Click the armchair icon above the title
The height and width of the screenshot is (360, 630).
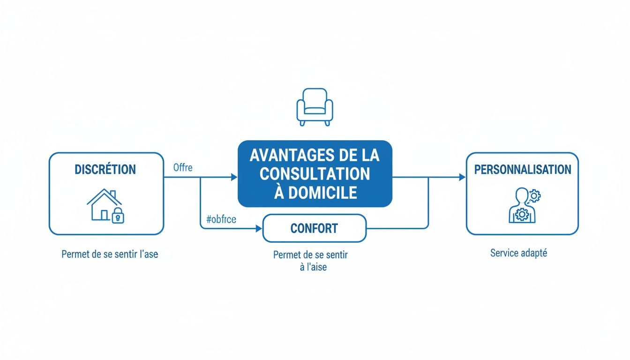[315, 107]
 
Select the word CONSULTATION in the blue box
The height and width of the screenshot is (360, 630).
[315, 174]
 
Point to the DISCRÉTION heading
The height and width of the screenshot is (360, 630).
[105, 169]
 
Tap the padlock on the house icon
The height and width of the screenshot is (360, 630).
[119, 217]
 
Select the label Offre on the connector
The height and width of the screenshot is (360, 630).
[183, 167]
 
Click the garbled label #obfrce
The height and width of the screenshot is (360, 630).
[221, 219]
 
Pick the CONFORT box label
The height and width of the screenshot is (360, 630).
[314, 229]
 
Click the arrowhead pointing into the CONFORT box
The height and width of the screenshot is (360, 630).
[258, 229]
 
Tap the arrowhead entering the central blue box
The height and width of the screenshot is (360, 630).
[234, 177]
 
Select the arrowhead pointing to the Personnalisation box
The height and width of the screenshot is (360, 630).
[462, 177]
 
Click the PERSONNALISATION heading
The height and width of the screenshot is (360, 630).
[523, 169]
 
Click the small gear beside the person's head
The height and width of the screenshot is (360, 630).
[534, 195]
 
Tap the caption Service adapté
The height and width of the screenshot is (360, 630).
[518, 253]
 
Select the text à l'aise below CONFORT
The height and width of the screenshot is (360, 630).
[313, 268]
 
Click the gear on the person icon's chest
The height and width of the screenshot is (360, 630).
[522, 215]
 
